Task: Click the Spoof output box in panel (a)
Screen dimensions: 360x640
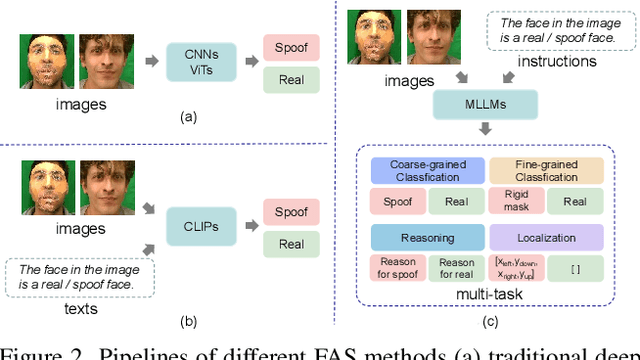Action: coord(291,46)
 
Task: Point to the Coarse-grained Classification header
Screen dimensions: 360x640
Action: coord(427,171)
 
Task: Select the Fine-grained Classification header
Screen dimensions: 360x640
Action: coord(546,171)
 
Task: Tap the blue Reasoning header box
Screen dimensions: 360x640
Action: coord(427,238)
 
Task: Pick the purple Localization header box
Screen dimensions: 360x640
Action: coord(546,238)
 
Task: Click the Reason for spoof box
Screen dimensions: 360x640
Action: coord(397,269)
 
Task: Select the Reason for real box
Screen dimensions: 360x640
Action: coord(457,269)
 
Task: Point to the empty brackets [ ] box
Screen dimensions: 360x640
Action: coord(576,269)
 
